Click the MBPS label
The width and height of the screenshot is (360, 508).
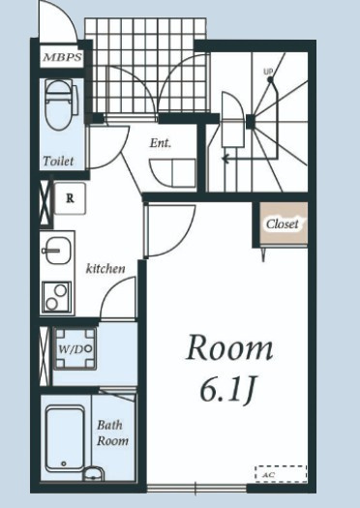point(62,58)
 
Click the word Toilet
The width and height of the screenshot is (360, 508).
point(58,161)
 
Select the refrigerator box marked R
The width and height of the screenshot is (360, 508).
point(70,198)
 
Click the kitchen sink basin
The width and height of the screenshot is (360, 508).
point(58,251)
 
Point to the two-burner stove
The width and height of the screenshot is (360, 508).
point(56,297)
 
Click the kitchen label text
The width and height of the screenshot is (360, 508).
point(105,268)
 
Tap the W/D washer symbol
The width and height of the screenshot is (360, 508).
point(75,349)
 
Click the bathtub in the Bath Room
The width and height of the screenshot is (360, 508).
point(65,438)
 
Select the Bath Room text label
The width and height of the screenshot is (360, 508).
point(112,433)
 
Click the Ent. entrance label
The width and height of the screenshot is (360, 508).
point(160,143)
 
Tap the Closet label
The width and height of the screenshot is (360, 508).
point(282,224)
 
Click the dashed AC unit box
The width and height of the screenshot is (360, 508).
point(281,474)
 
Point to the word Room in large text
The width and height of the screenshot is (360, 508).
point(229,348)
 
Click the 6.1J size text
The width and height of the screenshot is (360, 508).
point(227,389)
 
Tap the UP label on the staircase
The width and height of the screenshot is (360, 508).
point(268,72)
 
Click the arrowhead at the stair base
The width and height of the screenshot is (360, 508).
point(225,159)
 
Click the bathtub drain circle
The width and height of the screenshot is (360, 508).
point(64,463)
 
